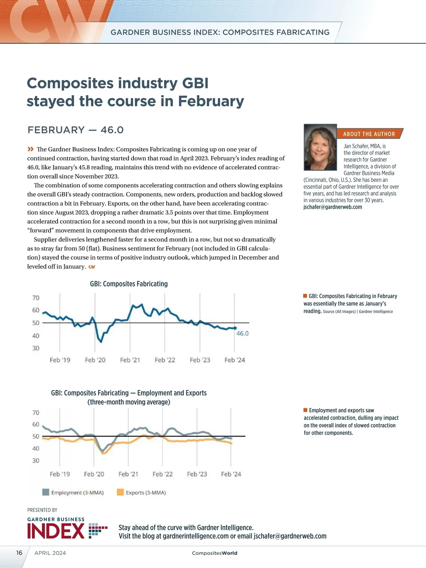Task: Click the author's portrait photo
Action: (x=320, y=147)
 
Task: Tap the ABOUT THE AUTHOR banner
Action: (x=369, y=134)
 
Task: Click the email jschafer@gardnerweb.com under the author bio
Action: (x=333, y=207)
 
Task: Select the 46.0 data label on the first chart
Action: (x=242, y=333)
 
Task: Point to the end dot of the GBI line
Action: (x=235, y=328)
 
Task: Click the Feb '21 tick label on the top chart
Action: (x=130, y=360)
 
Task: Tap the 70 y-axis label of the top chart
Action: (x=36, y=298)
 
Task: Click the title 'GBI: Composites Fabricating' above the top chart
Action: (x=129, y=284)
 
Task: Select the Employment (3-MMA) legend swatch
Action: (x=45, y=492)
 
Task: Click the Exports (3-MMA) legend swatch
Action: (x=120, y=492)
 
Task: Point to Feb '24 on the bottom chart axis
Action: (x=231, y=474)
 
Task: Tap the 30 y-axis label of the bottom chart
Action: (x=36, y=460)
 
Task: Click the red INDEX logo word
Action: (x=56, y=531)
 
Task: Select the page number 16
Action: (x=19, y=553)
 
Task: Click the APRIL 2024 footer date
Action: (x=50, y=553)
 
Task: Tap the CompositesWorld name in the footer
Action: (x=214, y=553)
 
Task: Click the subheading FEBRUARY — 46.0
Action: (x=76, y=130)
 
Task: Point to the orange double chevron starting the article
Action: (x=31, y=149)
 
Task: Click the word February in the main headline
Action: (x=211, y=101)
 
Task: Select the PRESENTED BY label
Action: (x=42, y=510)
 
